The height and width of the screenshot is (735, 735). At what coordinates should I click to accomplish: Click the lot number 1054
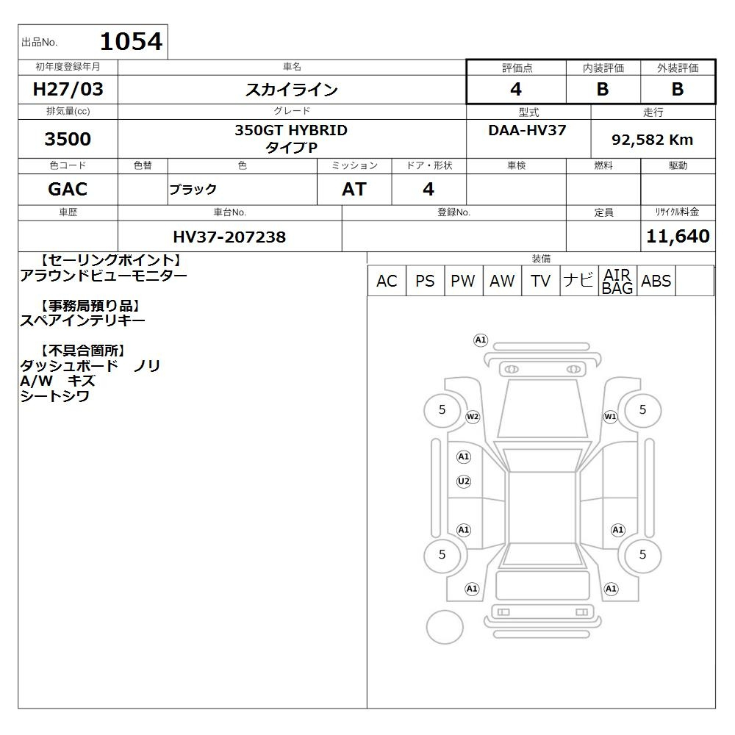click(132, 42)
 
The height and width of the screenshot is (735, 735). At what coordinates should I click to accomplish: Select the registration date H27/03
click(68, 89)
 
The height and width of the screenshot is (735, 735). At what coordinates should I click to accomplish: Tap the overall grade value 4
click(516, 89)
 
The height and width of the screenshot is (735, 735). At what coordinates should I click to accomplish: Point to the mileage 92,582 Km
click(652, 140)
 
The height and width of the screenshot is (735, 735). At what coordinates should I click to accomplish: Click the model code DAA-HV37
click(527, 130)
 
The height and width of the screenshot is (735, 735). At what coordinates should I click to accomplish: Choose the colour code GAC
click(68, 190)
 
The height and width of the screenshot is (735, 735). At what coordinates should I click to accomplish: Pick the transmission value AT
click(354, 190)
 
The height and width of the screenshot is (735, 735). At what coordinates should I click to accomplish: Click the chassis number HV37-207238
click(229, 237)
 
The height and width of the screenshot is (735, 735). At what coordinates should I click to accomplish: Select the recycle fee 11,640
click(678, 236)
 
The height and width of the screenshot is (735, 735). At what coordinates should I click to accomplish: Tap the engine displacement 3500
click(68, 139)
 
